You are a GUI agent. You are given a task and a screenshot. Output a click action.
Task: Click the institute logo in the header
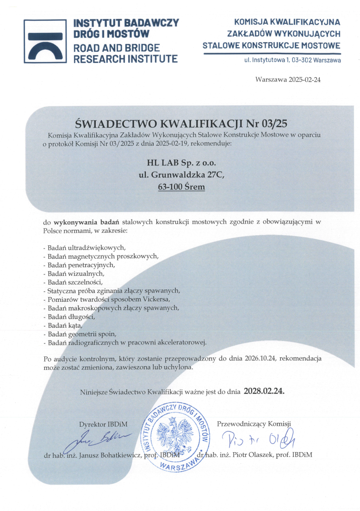click(x=42, y=41)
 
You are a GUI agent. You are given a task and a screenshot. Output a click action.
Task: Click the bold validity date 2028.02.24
click(x=264, y=391)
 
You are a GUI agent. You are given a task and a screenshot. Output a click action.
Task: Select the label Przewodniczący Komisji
click(x=254, y=424)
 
